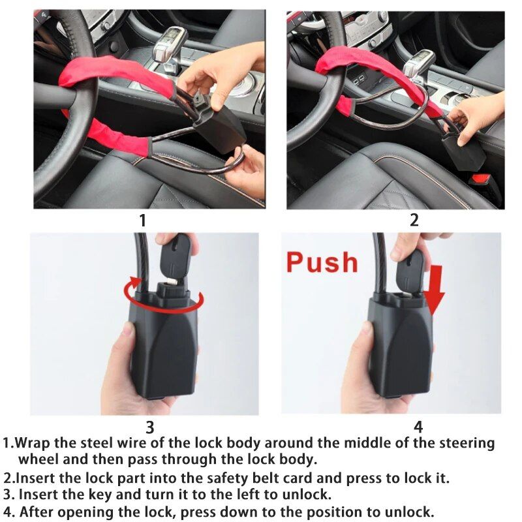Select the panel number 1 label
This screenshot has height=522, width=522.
point(142,221)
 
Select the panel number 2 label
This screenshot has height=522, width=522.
point(414,221)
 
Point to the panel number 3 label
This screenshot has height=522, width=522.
point(149,427)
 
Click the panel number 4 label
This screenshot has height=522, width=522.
point(418,427)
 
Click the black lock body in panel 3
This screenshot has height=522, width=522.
point(163,352)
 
